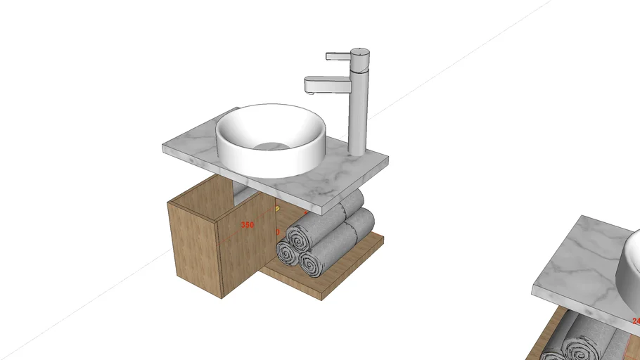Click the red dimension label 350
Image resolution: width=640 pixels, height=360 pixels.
[247, 225]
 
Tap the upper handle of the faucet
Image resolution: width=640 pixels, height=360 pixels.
[340, 55]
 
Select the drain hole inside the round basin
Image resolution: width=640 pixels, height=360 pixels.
[271, 146]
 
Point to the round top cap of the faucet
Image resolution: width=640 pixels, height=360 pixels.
[360, 52]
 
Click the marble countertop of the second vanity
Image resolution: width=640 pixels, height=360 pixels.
[577, 267]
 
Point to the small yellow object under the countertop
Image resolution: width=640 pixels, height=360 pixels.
[277, 209]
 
